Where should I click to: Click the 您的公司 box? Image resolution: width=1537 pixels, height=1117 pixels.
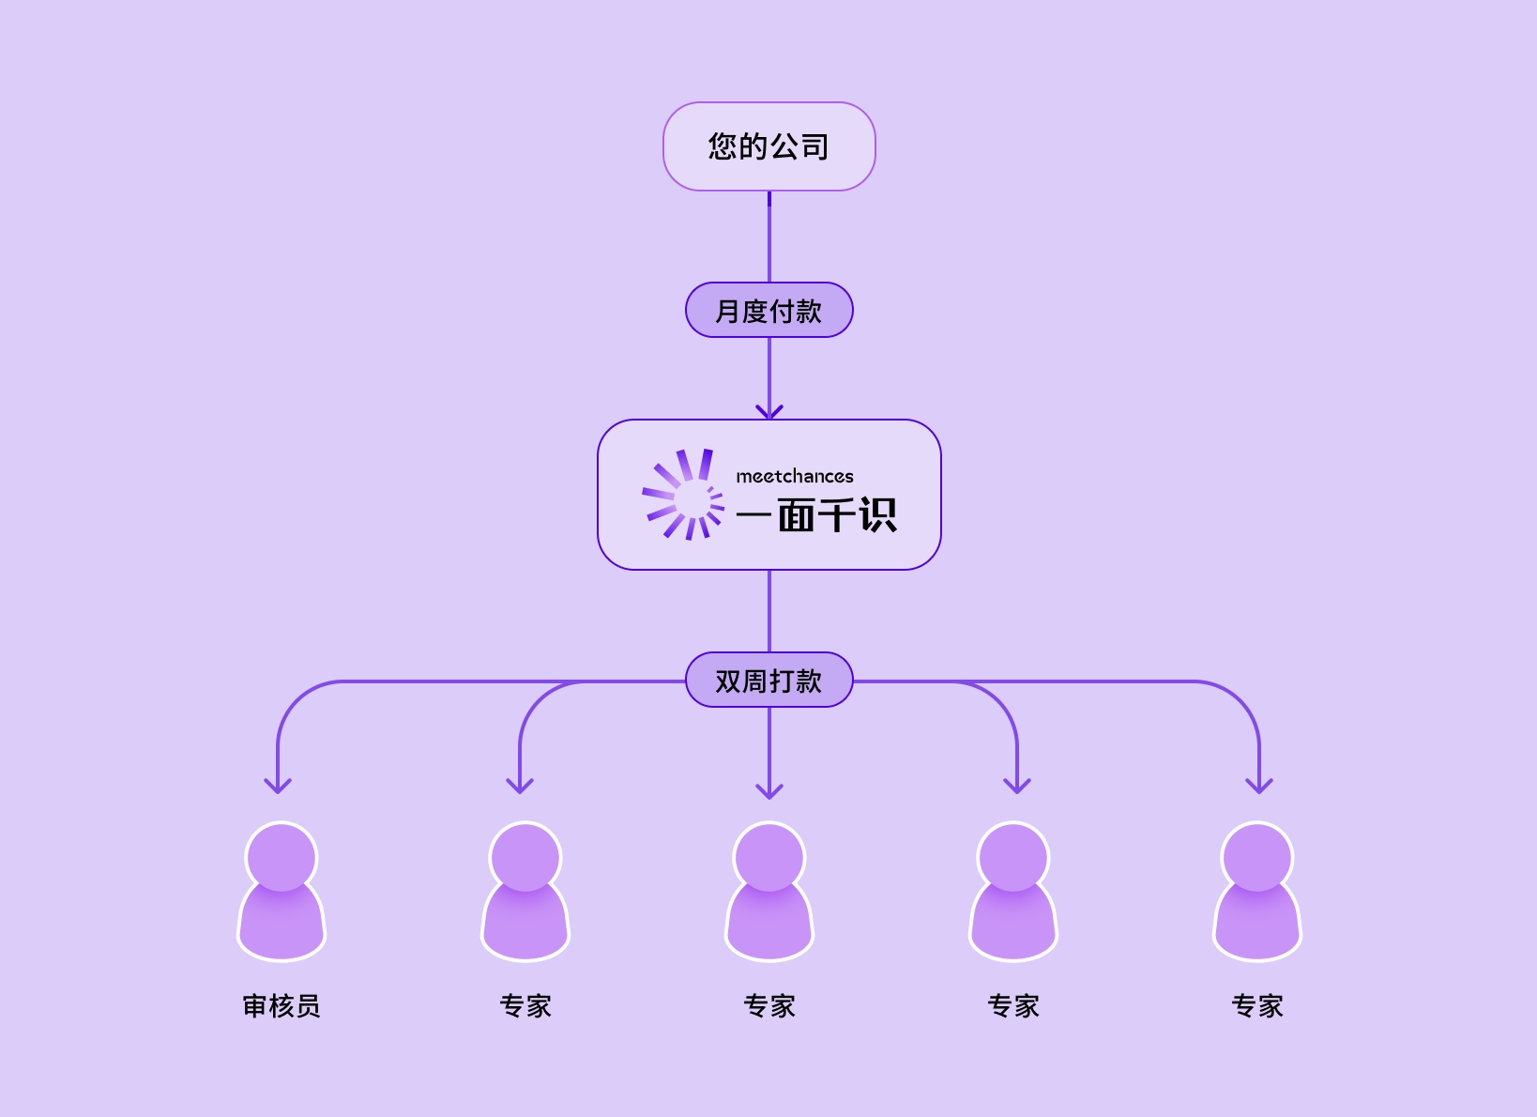(x=768, y=146)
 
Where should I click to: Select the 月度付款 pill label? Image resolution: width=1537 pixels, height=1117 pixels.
(x=768, y=311)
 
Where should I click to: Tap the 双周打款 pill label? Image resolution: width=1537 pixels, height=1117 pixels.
(x=768, y=681)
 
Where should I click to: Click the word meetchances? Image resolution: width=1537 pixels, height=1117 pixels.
(x=795, y=477)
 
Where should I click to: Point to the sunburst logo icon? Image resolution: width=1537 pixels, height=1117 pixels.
(x=683, y=495)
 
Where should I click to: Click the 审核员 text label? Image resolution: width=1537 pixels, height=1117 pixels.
(x=282, y=1006)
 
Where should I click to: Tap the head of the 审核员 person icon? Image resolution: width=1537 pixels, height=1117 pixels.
(x=282, y=856)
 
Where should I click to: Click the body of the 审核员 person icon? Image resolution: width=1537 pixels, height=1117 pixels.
(x=282, y=925)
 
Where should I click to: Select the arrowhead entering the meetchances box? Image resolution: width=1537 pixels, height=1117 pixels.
(x=769, y=412)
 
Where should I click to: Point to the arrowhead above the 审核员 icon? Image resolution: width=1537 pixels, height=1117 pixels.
(x=278, y=785)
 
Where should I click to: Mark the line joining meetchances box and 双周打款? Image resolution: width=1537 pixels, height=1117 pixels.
(x=769, y=610)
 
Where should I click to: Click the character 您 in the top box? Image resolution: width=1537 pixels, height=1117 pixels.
(x=723, y=146)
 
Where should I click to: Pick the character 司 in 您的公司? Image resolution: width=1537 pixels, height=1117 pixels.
(x=814, y=146)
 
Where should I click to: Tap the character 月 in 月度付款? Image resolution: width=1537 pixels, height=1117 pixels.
(x=728, y=311)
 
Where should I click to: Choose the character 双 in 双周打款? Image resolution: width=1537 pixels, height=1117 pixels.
(x=728, y=681)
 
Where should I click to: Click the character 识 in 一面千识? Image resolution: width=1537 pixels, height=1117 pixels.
(x=877, y=515)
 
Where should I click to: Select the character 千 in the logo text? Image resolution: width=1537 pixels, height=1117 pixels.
(x=836, y=515)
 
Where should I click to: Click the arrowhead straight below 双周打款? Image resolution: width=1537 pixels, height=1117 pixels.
(x=769, y=790)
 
